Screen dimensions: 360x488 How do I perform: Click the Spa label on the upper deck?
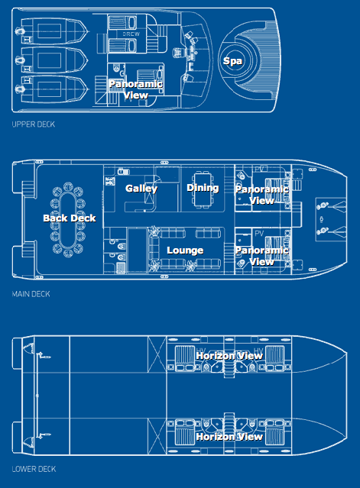click(232, 61)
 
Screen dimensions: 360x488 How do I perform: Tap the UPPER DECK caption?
click(34, 124)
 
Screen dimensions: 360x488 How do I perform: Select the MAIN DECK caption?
click(31, 294)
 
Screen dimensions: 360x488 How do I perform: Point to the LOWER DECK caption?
click(34, 469)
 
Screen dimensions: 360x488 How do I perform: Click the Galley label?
click(141, 189)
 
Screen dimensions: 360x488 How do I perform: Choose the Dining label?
click(203, 188)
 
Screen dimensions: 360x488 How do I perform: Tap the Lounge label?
click(185, 250)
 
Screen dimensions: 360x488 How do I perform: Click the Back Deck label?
click(69, 218)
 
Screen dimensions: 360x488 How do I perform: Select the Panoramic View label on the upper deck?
click(136, 89)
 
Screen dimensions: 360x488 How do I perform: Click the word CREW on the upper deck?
click(131, 34)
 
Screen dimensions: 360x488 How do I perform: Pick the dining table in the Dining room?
click(203, 189)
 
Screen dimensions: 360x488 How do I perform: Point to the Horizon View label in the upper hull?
click(229, 356)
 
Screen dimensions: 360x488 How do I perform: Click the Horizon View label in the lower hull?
click(229, 437)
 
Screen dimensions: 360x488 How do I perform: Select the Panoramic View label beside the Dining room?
click(262, 195)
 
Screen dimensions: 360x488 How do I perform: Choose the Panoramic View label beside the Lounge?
click(262, 256)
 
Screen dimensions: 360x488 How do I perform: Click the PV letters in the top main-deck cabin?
click(259, 170)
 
